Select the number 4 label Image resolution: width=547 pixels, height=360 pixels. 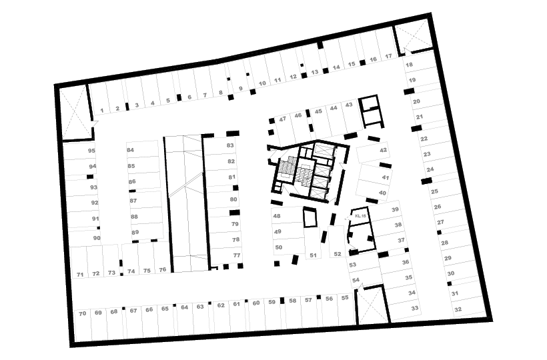point(152,103)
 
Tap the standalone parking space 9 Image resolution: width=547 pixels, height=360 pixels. point(238,76)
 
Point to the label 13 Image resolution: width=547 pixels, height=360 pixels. point(315,72)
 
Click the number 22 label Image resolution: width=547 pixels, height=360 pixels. point(424,139)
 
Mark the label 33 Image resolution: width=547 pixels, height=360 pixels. point(415,308)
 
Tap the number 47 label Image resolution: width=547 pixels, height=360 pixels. point(283,119)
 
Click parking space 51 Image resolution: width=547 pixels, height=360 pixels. point(312,243)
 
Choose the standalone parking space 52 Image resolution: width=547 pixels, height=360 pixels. point(336,241)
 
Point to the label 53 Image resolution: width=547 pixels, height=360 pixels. point(352,265)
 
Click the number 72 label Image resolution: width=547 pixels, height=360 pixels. point(96,273)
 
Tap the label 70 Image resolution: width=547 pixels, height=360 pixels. point(82,313)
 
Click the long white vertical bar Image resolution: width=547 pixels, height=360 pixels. point(163,187)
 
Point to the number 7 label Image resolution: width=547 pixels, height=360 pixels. point(205,95)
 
